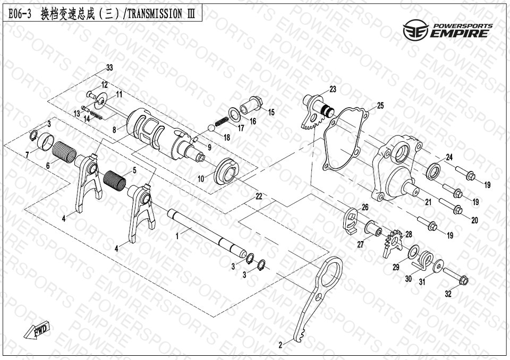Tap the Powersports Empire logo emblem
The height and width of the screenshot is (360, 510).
pyautogui.click(x=415, y=30)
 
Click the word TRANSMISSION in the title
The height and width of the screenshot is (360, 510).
pyautogui.click(x=154, y=14)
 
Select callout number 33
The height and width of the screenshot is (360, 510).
pyautogui.click(x=109, y=67)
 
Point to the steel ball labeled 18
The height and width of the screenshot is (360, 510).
pyautogui.click(x=212, y=128)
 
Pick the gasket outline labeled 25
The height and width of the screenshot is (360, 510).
pyautogui.click(x=346, y=140)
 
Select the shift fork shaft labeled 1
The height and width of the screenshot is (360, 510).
pyautogui.click(x=207, y=233)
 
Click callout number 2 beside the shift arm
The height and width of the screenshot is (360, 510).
pyautogui.click(x=280, y=345)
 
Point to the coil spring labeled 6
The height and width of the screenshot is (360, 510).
pyautogui.click(x=64, y=151)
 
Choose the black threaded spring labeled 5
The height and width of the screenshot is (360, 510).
pyautogui.click(x=115, y=181)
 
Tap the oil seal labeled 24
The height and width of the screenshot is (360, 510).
pyautogui.click(x=433, y=172)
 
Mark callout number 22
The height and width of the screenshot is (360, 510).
pyautogui.click(x=259, y=196)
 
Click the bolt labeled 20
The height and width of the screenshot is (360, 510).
pyautogui.click(x=451, y=206)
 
